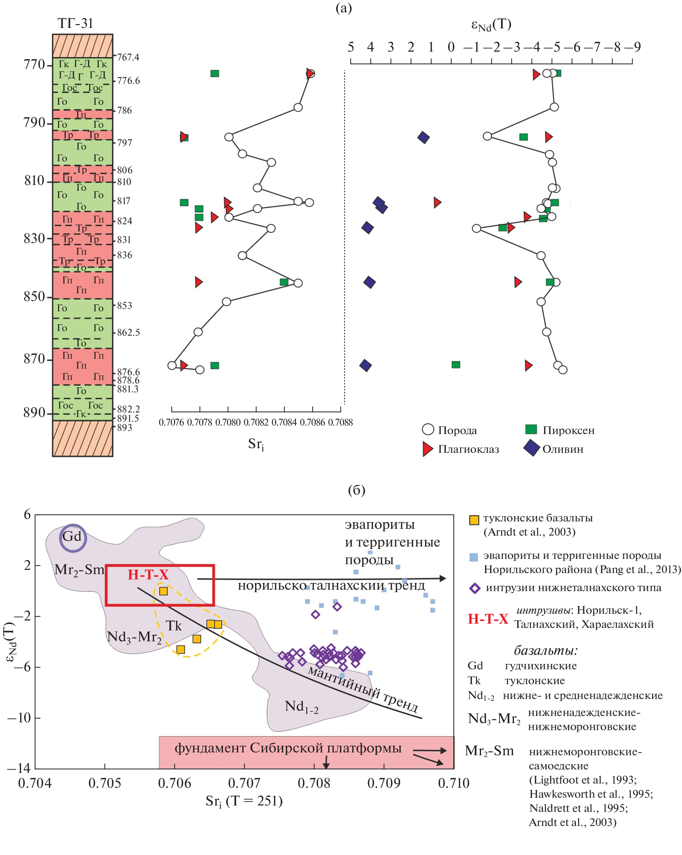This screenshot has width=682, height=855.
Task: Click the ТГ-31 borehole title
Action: [75, 24]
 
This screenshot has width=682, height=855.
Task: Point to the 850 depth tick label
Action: [35, 297]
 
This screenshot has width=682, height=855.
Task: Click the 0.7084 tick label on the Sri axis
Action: [284, 422]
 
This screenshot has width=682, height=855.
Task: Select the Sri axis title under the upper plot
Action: [256, 444]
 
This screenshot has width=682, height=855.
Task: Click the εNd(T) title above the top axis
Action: [491, 25]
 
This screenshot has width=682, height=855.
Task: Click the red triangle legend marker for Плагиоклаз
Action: [427, 449]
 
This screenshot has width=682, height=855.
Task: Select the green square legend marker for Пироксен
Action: [531, 429]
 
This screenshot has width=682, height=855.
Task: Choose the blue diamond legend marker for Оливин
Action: [531, 448]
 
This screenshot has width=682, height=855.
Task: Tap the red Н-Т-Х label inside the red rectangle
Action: [148, 574]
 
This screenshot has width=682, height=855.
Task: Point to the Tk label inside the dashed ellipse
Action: [173, 626]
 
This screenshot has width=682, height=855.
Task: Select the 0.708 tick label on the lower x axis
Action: [314, 783]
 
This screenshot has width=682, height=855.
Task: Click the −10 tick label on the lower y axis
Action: [19, 717]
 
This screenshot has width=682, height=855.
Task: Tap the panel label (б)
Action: [356, 491]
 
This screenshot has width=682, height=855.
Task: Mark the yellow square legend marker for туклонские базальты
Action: [473, 520]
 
